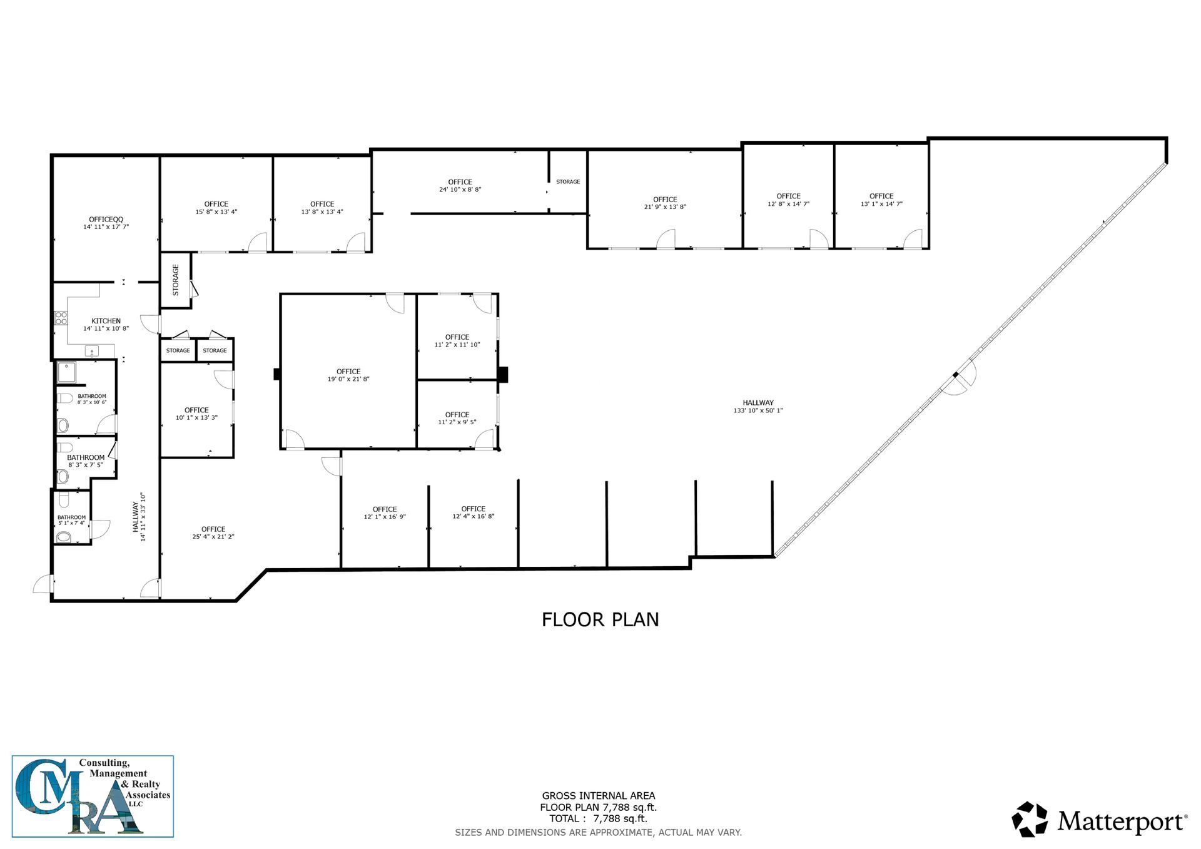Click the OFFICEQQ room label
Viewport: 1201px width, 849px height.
[106, 219]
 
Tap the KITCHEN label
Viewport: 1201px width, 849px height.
[106, 321]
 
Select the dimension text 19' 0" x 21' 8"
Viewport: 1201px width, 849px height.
[348, 379]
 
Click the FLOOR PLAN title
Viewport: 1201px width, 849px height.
[600, 619]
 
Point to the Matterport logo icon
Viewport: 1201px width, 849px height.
[1030, 819]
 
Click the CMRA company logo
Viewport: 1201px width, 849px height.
[93, 796]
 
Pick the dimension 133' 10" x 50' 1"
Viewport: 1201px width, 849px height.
[758, 410]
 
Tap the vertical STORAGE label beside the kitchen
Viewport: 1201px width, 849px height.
[176, 280]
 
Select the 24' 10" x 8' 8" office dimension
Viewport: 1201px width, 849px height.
[460, 190]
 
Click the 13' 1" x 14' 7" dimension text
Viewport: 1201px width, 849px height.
[881, 204]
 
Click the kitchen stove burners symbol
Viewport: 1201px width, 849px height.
[61, 318]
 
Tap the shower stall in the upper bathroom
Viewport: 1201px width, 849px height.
[66, 373]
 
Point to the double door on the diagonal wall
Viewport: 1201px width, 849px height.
[958, 377]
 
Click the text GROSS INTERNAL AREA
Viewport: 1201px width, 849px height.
[599, 796]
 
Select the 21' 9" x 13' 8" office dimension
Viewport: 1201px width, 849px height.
[665, 206]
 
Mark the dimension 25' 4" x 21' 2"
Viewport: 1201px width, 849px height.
[213, 537]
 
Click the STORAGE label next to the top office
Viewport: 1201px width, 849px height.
[568, 182]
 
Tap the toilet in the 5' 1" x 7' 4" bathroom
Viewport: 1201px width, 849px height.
[63, 537]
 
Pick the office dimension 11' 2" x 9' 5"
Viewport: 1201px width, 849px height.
[457, 422]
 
